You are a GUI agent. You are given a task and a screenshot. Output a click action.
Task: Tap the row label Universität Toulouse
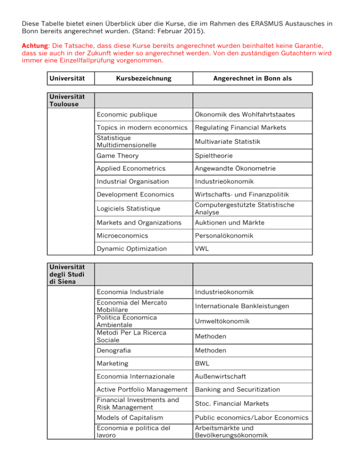tap(66, 99)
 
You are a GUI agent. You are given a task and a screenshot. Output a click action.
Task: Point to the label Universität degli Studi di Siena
tap(65, 275)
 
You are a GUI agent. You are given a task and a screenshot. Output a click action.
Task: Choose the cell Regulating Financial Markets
tap(240, 128)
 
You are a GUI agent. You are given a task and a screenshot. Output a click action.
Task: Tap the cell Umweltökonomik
tap(222, 321)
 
